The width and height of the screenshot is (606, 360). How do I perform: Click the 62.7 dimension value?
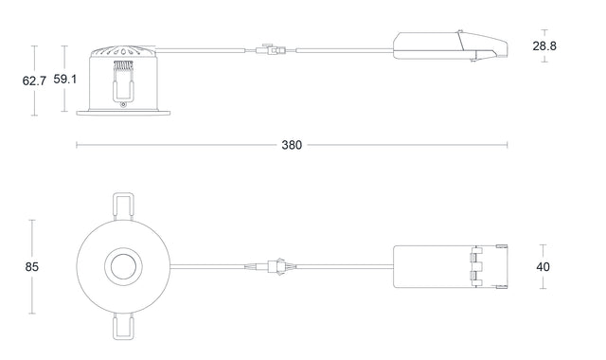[34, 81]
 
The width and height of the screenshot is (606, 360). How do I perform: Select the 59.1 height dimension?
[65, 80]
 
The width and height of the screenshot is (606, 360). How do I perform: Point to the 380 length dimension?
[292, 146]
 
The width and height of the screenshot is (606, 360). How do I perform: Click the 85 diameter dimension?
[31, 267]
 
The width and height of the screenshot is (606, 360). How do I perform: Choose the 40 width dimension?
[543, 267]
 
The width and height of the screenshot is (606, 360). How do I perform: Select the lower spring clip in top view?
[122, 327]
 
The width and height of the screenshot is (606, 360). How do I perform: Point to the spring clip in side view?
[121, 80]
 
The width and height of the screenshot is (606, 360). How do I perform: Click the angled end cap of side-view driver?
[488, 47]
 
